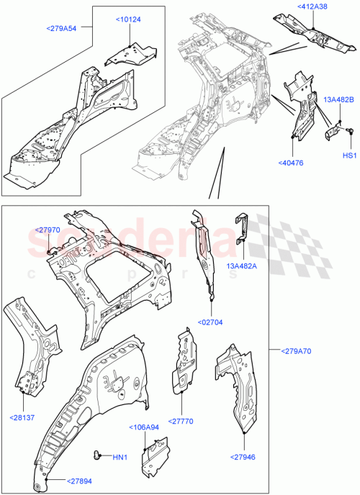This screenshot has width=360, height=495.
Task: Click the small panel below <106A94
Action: click(152, 460)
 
